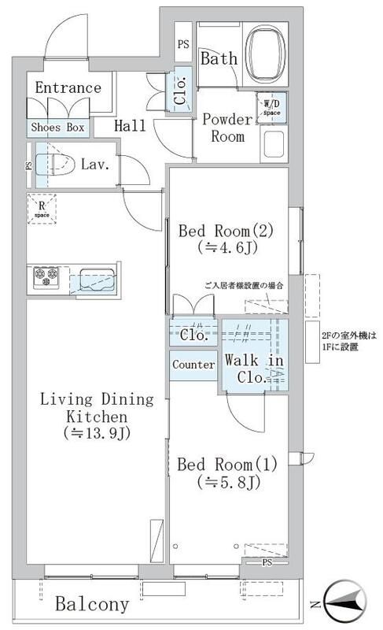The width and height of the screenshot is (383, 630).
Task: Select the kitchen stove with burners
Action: click(45, 278)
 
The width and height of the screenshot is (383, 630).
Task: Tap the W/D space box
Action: click(271, 106)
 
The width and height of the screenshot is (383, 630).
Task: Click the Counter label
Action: click(193, 365)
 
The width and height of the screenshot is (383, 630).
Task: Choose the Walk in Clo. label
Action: click(253, 369)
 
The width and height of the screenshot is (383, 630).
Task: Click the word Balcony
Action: click(92, 605)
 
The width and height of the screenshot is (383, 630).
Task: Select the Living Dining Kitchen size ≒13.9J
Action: click(87, 433)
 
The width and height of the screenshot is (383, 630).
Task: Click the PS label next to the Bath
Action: click(183, 44)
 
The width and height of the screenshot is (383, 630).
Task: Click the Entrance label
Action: click(68, 87)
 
